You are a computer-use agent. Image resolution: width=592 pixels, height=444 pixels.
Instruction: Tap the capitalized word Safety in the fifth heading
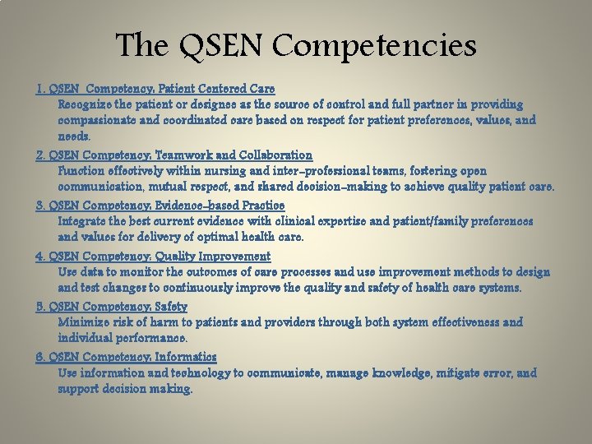click(192, 306)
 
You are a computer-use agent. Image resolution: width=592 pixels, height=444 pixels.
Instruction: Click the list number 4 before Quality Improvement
click(39, 256)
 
